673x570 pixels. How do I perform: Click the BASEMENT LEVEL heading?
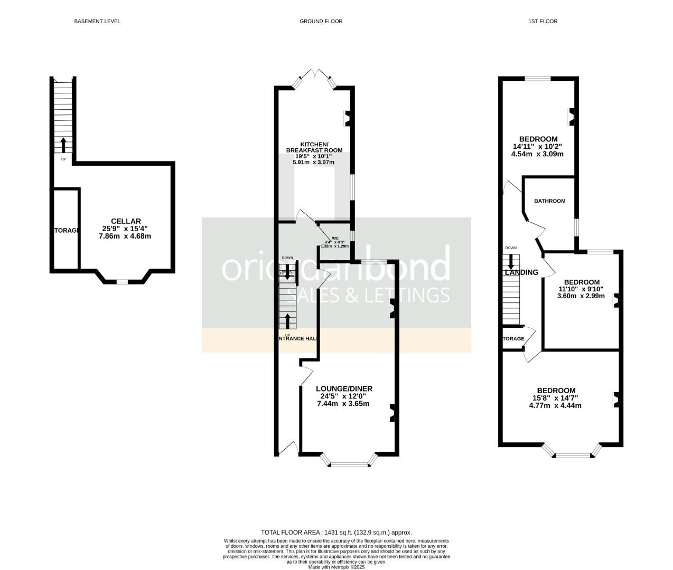click(x=97, y=22)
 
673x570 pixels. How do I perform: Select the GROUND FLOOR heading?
click(x=321, y=22)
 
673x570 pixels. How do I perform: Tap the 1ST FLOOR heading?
click(x=543, y=22)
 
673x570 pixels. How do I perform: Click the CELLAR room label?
click(x=126, y=221)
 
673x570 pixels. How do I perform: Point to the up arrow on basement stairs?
click(x=63, y=144)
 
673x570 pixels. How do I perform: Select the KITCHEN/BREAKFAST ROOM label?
click(x=314, y=147)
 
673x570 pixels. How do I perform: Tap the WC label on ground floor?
click(x=335, y=238)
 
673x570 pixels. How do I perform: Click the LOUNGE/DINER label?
click(x=343, y=388)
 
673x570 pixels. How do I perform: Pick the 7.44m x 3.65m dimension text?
click(x=343, y=404)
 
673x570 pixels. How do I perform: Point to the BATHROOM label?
click(x=549, y=201)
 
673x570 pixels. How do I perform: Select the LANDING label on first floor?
click(x=521, y=272)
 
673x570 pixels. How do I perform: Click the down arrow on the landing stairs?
click(x=511, y=261)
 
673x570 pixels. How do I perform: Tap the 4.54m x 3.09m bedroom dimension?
click(x=537, y=154)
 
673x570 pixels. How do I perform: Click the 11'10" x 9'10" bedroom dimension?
click(x=581, y=289)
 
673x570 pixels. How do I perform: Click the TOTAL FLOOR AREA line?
click(x=336, y=533)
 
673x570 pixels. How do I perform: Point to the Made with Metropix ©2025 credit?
click(x=336, y=567)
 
